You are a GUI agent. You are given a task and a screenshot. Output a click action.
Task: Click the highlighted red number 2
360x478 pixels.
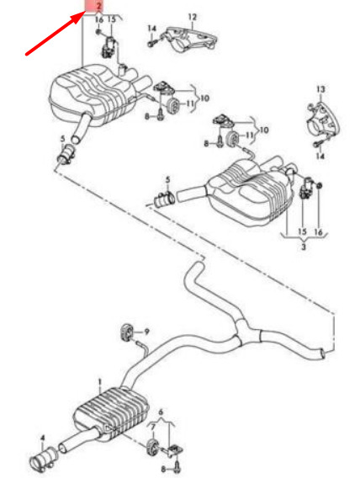tap(98, 6)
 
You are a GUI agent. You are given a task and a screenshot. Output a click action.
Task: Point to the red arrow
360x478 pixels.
tap(55, 33)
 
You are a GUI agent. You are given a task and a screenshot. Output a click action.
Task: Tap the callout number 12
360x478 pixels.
tap(193, 17)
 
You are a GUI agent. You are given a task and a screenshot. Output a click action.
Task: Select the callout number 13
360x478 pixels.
tap(320, 89)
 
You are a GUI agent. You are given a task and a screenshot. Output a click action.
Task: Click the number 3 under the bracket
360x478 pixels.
tap(304, 247)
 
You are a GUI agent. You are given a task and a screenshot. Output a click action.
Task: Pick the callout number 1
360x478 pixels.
tap(99, 381)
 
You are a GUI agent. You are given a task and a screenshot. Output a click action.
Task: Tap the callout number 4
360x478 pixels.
tap(42, 438)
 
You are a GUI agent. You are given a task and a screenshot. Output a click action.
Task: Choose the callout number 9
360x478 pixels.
tap(147, 332)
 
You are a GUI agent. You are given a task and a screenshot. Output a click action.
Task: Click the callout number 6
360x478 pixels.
tap(161, 412)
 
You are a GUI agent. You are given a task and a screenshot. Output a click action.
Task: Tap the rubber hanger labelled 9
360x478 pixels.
tap(125, 332)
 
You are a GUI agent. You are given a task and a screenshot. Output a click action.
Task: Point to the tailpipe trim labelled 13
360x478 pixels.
tap(323, 121)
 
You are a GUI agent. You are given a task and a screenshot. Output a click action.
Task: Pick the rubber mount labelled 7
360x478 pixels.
tap(151, 448)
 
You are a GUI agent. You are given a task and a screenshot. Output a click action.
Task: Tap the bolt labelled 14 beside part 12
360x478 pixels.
tap(152, 43)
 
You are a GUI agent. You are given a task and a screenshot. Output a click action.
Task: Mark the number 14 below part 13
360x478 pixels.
tap(320, 157)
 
